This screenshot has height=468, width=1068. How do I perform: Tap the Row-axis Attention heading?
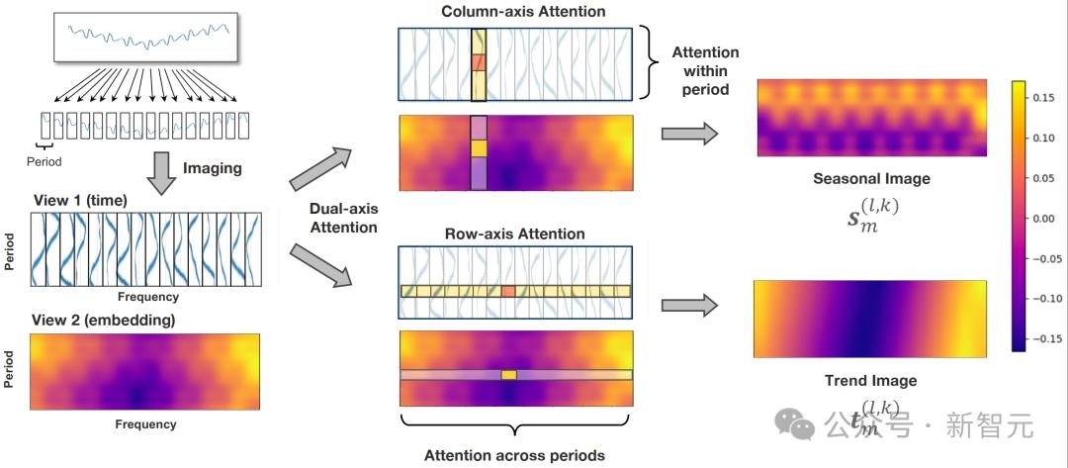click(515, 234)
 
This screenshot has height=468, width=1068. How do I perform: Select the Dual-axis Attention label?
click(344, 218)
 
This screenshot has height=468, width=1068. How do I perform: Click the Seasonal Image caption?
click(871, 179)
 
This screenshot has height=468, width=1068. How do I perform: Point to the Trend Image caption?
click(871, 380)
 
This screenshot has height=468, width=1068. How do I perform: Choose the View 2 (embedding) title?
click(103, 320)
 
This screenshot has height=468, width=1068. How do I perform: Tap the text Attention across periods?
click(514, 455)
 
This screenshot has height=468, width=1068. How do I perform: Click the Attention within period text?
click(705, 70)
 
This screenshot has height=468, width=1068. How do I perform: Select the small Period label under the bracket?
click(45, 161)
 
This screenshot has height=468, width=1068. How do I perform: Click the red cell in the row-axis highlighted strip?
click(508, 291)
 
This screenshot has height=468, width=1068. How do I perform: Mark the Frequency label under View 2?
click(145, 423)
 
